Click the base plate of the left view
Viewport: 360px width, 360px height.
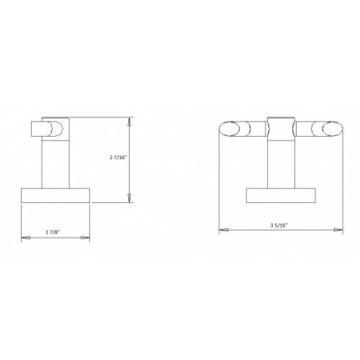click(55, 197)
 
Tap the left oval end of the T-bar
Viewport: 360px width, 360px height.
click(230, 131)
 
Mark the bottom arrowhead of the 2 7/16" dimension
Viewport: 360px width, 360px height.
click(129, 199)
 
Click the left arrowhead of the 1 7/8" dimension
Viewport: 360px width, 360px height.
click(25, 236)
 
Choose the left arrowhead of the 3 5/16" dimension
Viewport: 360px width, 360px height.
click(223, 230)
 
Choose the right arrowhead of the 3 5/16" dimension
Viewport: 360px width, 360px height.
click(339, 230)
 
